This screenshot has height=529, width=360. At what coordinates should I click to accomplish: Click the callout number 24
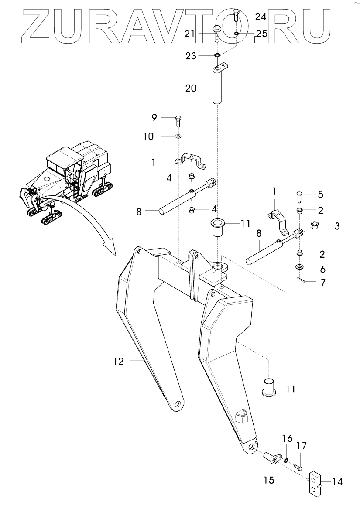[261, 17]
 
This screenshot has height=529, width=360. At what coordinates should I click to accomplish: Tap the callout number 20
[191, 88]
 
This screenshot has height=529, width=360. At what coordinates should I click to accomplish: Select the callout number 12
[118, 361]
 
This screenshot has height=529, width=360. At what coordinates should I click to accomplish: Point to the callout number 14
[337, 482]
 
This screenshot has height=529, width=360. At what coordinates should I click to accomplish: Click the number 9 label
[154, 118]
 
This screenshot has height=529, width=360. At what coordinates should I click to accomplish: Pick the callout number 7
[323, 283]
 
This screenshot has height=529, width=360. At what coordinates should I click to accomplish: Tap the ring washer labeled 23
[217, 56]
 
